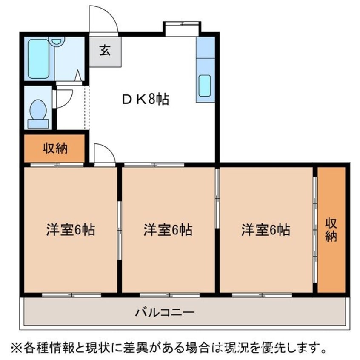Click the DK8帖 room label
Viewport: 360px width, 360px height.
(x=146, y=100)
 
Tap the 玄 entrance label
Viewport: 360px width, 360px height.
(x=105, y=50)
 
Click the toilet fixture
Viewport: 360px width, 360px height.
(x=38, y=111)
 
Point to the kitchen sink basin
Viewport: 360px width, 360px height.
(x=205, y=85)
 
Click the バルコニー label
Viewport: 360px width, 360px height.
(x=165, y=313)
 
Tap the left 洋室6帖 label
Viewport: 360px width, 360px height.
(x=70, y=230)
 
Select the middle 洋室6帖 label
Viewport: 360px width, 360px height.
(x=168, y=230)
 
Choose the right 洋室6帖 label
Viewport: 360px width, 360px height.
(x=266, y=230)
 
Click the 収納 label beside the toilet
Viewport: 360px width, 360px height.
(x=55, y=149)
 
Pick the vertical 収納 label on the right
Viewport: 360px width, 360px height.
(x=331, y=230)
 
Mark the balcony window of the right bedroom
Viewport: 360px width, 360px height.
(x=262, y=294)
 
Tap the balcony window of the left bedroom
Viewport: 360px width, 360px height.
(x=71, y=294)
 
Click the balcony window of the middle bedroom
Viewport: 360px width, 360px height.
(x=169, y=294)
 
